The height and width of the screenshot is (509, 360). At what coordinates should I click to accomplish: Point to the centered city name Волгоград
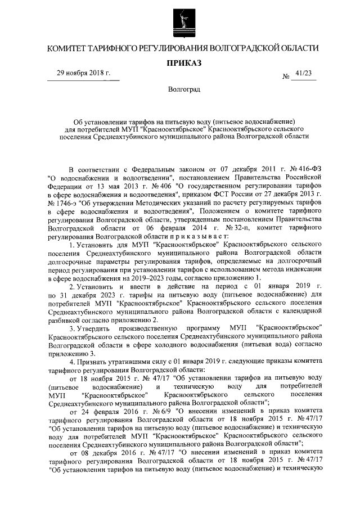pos(180,89)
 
